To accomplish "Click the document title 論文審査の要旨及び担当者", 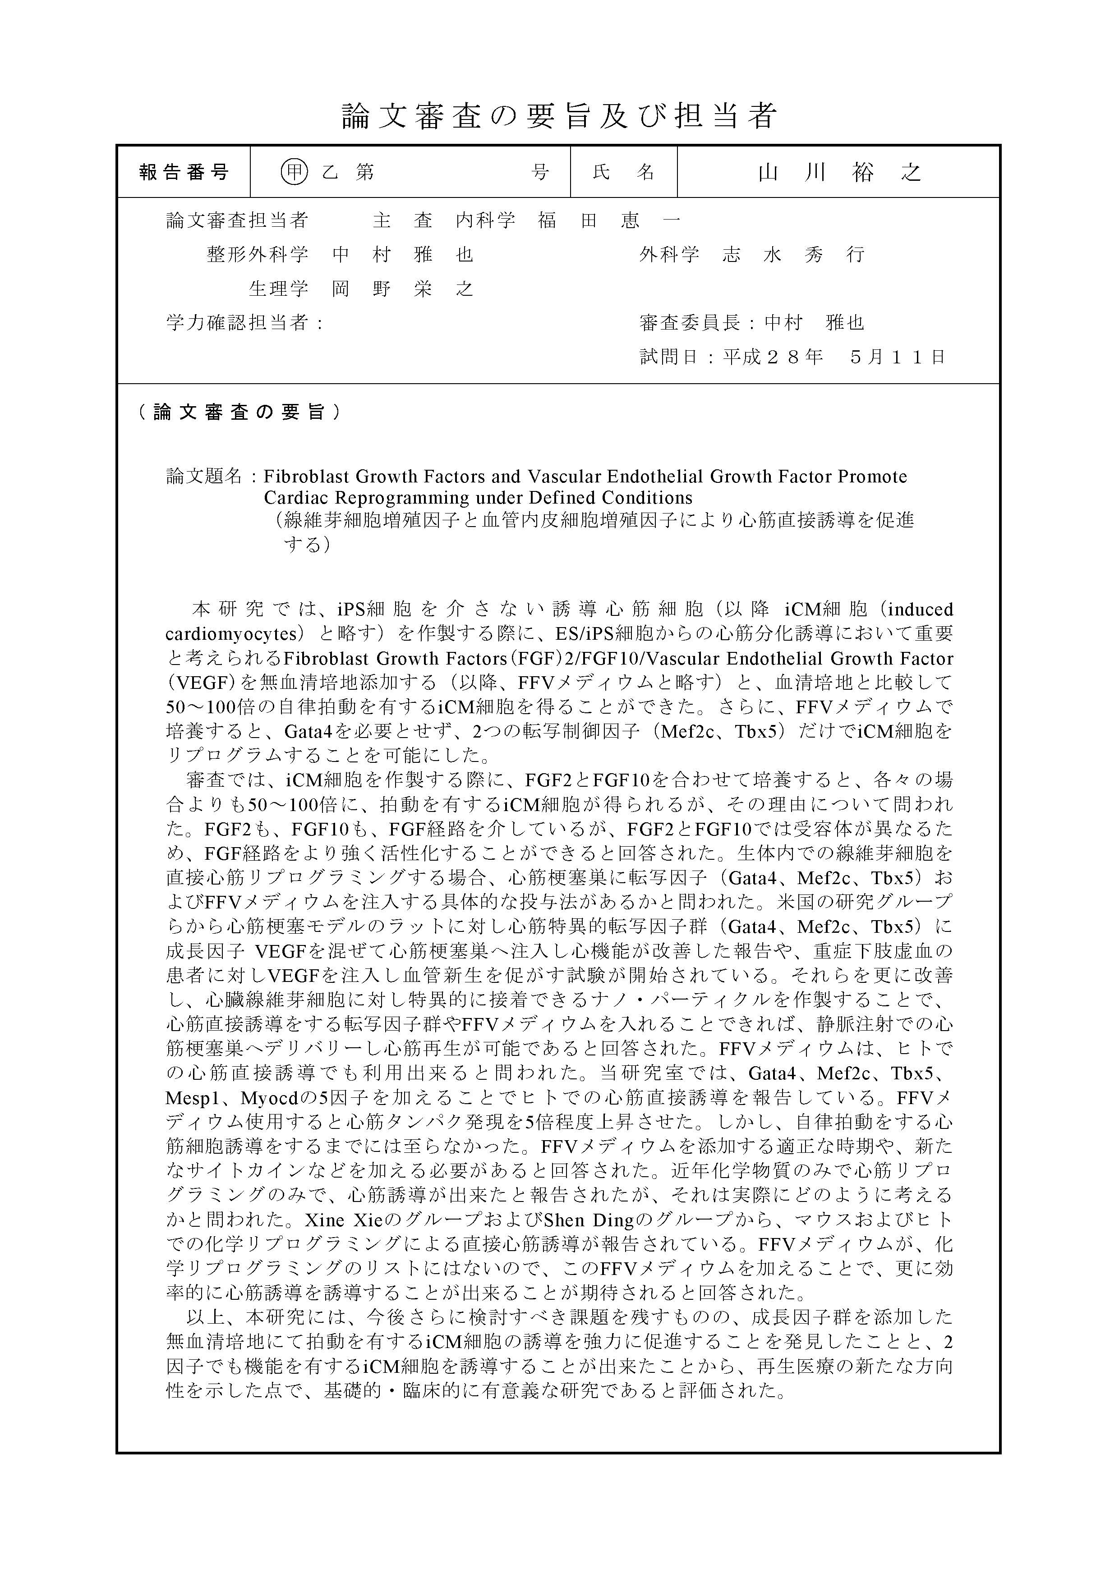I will pyautogui.click(x=559, y=116).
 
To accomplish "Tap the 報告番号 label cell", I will pyautogui.click(x=184, y=172).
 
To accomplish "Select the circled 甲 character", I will pyautogui.click(x=295, y=172).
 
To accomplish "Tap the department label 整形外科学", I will pyautogui.click(x=257, y=255).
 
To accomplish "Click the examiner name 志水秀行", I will pyautogui.click(x=793, y=255).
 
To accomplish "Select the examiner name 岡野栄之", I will pyautogui.click(x=403, y=289).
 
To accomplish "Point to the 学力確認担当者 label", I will pyautogui.click(x=236, y=322).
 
